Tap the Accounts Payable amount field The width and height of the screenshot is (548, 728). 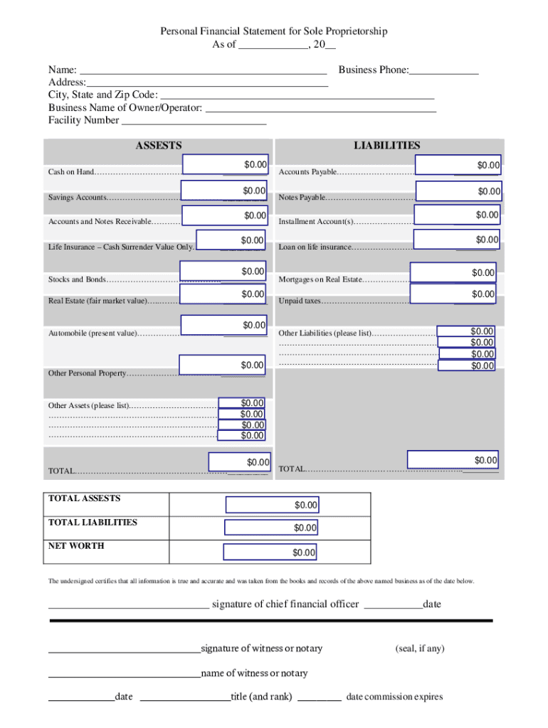(458, 165)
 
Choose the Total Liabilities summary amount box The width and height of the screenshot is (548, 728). (271, 528)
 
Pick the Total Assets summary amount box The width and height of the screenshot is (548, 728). (273, 505)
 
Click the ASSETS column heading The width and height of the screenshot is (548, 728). (159, 145)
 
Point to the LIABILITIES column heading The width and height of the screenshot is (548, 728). (387, 145)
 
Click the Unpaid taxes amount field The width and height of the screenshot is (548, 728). (454, 294)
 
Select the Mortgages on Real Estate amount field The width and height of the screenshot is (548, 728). (453, 272)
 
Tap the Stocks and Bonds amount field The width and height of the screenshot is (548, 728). (223, 271)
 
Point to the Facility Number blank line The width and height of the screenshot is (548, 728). (194, 120)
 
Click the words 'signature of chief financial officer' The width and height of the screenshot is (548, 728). (285, 604)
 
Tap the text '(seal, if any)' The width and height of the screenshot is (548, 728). (420, 648)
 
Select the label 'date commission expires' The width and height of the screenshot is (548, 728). (394, 697)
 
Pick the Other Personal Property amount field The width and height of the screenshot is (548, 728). (223, 365)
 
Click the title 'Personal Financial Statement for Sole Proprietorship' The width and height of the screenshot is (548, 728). (274, 31)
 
